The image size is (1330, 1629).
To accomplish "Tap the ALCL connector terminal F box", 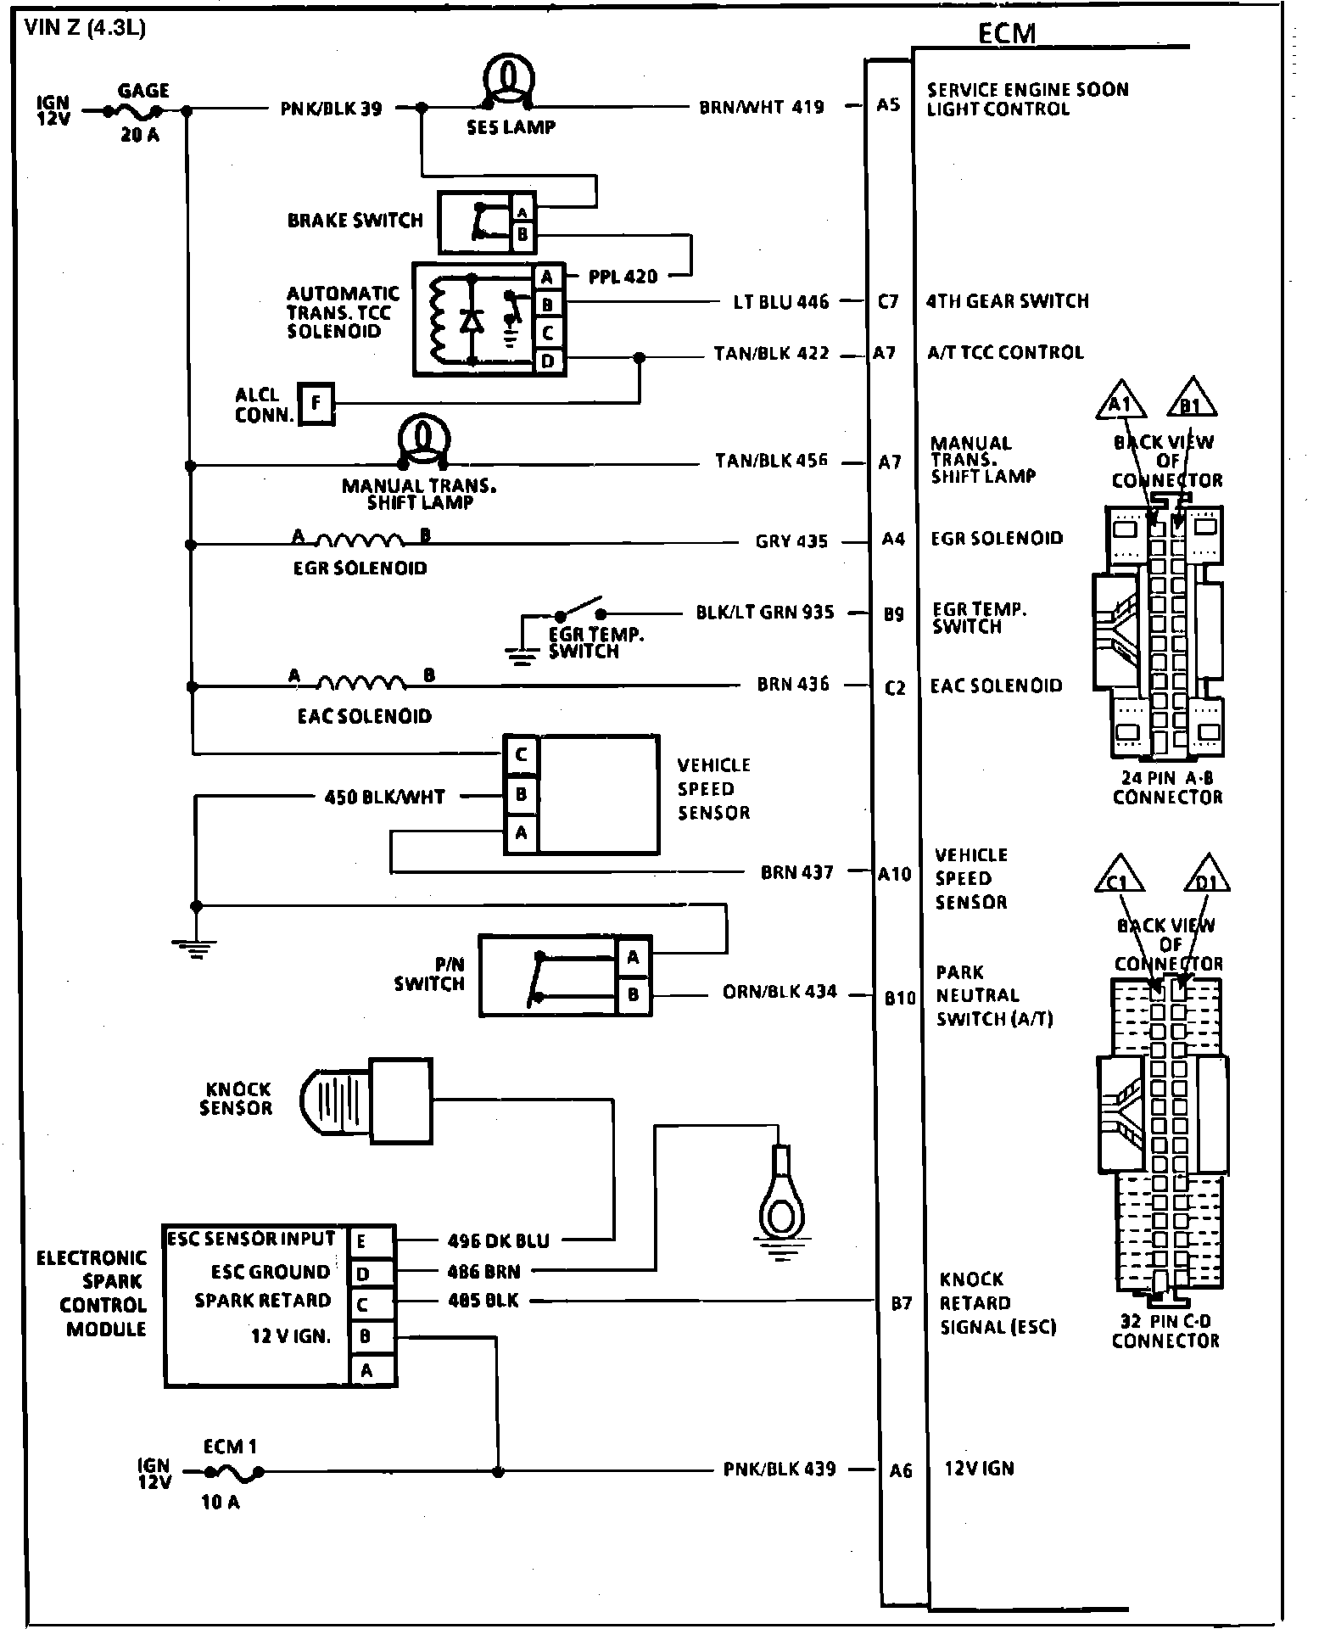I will (316, 403).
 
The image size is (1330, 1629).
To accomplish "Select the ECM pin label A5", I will (888, 106).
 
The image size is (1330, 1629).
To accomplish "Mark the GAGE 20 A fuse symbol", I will (134, 112).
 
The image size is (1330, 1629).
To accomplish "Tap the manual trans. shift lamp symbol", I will (423, 440).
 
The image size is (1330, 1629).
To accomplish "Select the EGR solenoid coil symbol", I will (360, 540).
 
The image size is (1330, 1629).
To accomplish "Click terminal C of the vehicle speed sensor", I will (521, 754).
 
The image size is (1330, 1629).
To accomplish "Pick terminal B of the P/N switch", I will (633, 994).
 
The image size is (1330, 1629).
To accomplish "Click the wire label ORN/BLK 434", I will (780, 992).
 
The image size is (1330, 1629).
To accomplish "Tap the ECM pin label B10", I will (899, 999).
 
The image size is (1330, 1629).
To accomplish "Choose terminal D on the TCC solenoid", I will (548, 361).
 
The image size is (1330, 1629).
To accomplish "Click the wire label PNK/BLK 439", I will (780, 1469).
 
